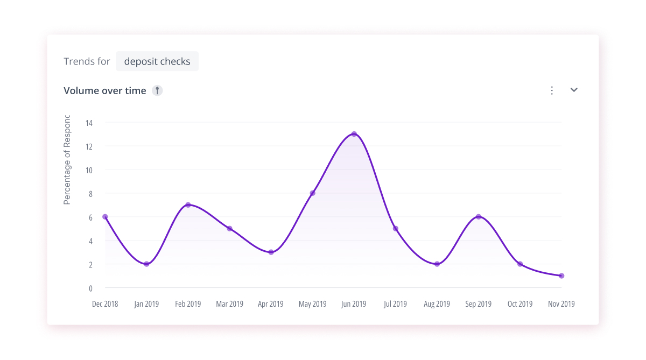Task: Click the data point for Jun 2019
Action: [x=354, y=134]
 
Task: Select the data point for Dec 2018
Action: [x=105, y=217]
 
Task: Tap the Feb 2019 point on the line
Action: [x=188, y=205]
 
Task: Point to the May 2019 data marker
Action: [x=312, y=193]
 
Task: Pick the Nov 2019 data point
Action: [x=561, y=276]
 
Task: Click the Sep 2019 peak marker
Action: [x=478, y=217]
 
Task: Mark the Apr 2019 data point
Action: [x=271, y=252]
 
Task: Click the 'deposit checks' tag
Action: [x=157, y=61]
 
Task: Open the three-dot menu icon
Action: [x=552, y=90]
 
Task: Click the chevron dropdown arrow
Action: [x=574, y=90]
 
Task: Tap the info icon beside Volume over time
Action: [x=157, y=90]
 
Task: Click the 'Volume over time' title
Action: [x=105, y=90]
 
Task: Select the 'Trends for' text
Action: [x=87, y=61]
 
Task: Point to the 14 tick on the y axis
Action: [x=89, y=123]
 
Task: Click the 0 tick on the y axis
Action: [x=90, y=288]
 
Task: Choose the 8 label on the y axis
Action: [x=90, y=193]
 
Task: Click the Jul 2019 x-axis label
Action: [x=395, y=304]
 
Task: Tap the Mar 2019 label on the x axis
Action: [x=229, y=304]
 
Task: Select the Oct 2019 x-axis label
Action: [x=520, y=304]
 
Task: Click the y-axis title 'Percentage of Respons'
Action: [x=67, y=160]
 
